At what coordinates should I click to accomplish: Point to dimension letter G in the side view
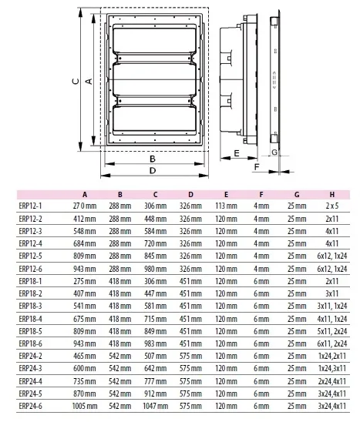[x=275, y=153]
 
